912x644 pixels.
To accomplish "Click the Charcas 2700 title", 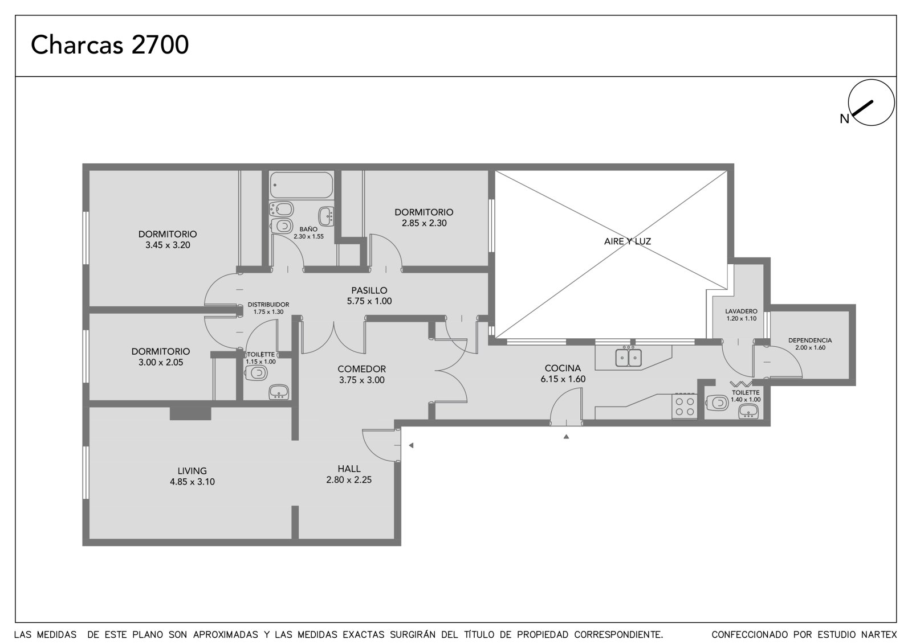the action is (x=110, y=44).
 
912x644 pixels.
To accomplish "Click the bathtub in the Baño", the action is (x=302, y=185).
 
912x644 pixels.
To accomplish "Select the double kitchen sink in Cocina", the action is (x=628, y=358).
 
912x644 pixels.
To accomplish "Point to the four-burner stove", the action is (x=685, y=406).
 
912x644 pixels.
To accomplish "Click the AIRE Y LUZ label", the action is (x=628, y=241).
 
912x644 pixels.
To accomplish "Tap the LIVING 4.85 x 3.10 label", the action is (x=192, y=476).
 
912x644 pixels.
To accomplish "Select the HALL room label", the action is (x=349, y=469).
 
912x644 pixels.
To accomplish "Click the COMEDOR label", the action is (x=361, y=369).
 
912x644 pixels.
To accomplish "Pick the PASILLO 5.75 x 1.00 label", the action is (x=369, y=296).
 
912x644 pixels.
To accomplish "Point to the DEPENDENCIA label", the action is (x=810, y=341).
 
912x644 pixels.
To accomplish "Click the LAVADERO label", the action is (x=741, y=311).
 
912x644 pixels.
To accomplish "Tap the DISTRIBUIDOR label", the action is (x=268, y=305).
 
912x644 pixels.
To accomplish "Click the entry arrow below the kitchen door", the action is (x=566, y=437).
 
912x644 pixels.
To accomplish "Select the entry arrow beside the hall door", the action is (x=411, y=445).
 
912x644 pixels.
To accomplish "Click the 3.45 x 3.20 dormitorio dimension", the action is (x=168, y=245).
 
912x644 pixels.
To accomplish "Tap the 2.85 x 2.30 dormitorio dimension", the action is (x=424, y=223).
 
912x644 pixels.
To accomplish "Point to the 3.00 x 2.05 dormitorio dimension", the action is (x=161, y=363).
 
